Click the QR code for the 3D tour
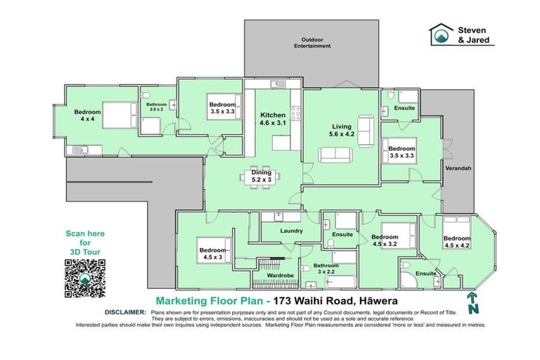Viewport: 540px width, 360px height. click(84, 278)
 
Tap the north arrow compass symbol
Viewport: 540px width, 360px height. click(473, 303)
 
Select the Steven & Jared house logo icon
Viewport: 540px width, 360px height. click(442, 34)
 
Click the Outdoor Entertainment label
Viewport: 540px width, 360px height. click(312, 43)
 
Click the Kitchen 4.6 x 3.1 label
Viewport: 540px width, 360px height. click(273, 119)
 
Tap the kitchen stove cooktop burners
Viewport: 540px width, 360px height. click(295, 113)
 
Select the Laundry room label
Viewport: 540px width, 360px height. click(291, 231)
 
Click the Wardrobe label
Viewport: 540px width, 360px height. click(280, 276)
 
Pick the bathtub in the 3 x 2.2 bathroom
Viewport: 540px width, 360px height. click(340, 282)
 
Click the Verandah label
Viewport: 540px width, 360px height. click(458, 169)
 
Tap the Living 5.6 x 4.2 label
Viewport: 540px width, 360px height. click(342, 130)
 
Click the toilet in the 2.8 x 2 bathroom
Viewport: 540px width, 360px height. click(146, 95)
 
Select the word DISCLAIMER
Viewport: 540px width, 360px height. click(125, 312)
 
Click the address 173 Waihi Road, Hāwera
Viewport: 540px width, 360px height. click(335, 301)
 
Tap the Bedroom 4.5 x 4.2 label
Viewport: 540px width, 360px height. click(457, 242)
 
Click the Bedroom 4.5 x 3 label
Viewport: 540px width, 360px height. click(212, 254)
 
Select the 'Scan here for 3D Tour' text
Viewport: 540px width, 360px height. click(85, 243)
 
